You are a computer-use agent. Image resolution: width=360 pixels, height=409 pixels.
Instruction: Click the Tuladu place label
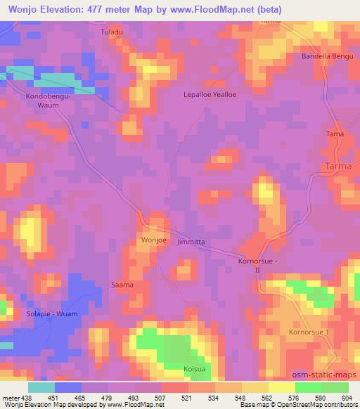coord(112,33)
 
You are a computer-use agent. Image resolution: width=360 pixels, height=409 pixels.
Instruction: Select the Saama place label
coord(122,285)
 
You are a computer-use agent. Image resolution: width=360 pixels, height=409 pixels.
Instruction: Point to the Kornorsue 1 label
coord(308,331)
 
